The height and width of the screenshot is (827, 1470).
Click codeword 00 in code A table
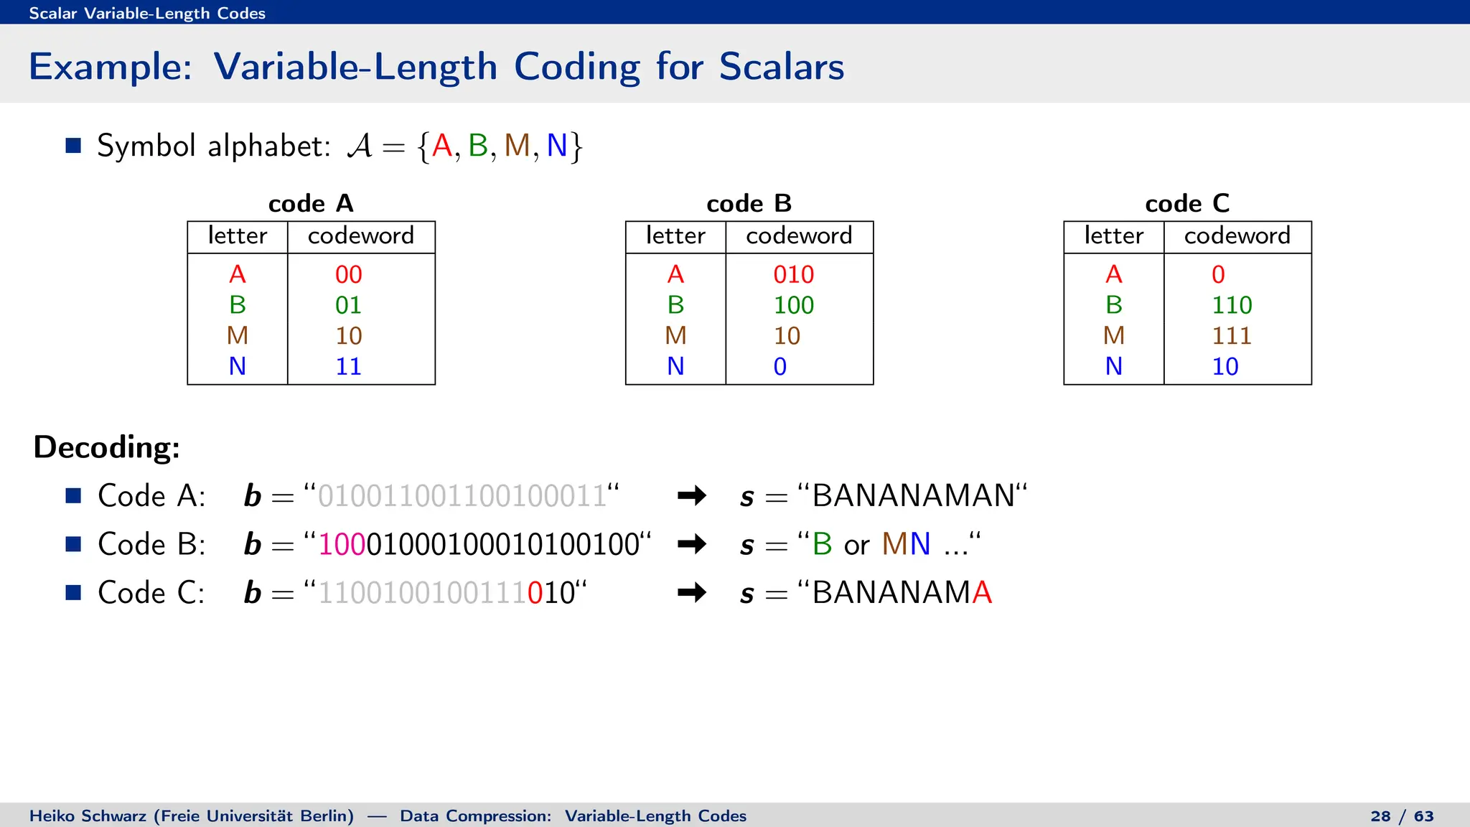(x=349, y=274)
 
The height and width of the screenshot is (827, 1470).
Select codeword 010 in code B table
(x=793, y=274)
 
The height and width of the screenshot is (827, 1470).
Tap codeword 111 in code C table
(x=1232, y=335)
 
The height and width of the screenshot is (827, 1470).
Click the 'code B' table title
(x=749, y=204)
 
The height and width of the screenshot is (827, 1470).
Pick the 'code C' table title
(x=1187, y=204)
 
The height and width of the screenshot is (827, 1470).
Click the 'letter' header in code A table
(x=238, y=235)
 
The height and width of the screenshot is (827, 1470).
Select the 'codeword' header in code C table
(x=1237, y=235)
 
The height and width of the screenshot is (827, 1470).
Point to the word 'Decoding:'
(x=107, y=447)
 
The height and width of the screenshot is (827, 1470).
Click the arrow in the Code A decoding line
(x=692, y=495)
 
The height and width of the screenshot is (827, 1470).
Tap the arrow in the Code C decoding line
(x=692, y=592)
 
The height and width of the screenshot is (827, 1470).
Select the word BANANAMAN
(x=914, y=495)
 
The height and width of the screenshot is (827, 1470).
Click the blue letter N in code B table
(x=675, y=366)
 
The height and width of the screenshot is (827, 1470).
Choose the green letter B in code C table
(x=1113, y=305)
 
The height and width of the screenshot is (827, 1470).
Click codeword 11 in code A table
(x=349, y=366)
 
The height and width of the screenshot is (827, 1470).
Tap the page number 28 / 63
(x=1402, y=816)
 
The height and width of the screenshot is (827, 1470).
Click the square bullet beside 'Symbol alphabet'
(x=73, y=146)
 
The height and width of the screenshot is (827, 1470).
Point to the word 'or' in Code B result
(x=857, y=546)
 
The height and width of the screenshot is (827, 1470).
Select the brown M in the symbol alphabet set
(x=517, y=146)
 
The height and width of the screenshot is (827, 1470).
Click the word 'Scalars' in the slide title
(x=781, y=67)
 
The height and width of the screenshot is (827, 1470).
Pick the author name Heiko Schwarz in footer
(x=88, y=816)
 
